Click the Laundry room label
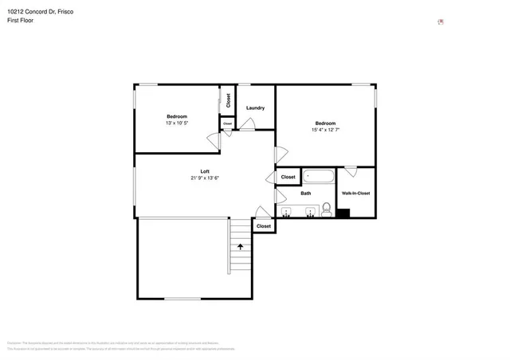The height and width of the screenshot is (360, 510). point(255,108)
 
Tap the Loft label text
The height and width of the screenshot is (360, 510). point(205,171)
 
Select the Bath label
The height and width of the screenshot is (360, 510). point(306,194)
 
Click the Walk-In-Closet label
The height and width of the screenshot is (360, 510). point(355,194)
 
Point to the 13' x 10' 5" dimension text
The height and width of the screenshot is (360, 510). point(177,123)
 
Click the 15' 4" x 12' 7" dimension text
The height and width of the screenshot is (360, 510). point(325,130)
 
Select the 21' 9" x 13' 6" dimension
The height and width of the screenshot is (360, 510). point(205,178)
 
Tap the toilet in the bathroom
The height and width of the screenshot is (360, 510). point(326,210)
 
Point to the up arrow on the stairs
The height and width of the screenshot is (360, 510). point(239,248)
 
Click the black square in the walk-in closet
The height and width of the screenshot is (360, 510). point(343,213)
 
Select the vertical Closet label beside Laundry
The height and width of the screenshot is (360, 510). point(228,100)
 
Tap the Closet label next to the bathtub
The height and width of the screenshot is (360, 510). point(288,177)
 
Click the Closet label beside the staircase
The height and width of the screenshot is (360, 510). point(264,226)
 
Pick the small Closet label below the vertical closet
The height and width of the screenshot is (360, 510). point(227,123)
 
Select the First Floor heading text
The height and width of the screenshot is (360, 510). point(22,22)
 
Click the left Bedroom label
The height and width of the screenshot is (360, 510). point(177,116)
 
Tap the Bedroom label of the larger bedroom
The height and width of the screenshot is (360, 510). point(325,123)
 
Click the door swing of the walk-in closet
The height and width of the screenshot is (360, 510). point(350,170)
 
